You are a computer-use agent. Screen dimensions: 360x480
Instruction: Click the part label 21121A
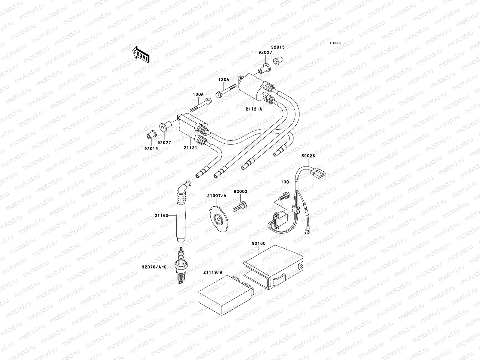click(x=256, y=109)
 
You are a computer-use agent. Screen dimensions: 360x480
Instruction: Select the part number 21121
click(x=191, y=148)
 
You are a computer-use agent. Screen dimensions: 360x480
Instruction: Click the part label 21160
click(x=161, y=215)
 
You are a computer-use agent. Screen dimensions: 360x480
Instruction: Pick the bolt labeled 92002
click(x=239, y=207)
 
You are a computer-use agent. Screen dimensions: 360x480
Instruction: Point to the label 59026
click(x=309, y=156)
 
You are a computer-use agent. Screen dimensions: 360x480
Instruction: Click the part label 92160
click(x=259, y=243)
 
